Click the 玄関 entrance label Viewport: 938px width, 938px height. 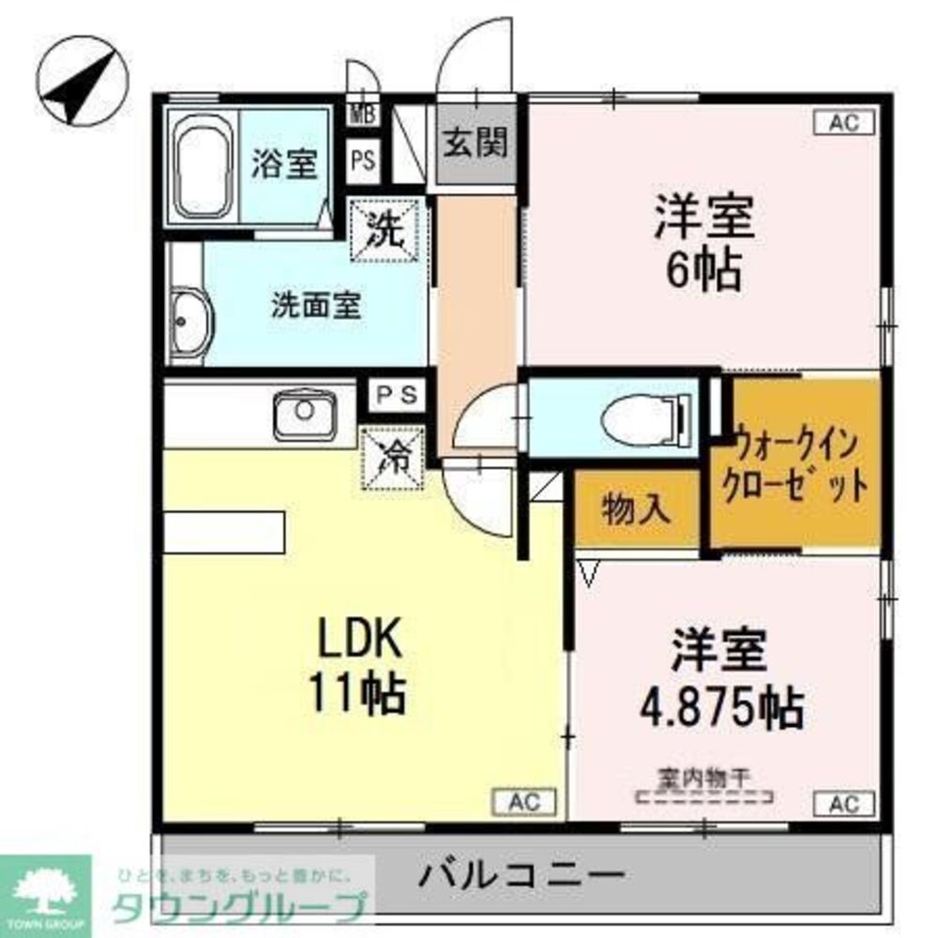click(x=475, y=144)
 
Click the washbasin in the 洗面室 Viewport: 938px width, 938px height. click(x=191, y=321)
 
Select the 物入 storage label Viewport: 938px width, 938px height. click(x=636, y=507)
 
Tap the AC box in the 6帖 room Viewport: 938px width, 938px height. click(x=843, y=122)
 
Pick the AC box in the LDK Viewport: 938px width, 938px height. click(x=524, y=801)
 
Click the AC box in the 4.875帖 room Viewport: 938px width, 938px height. click(x=843, y=802)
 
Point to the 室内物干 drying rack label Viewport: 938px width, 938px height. click(x=703, y=778)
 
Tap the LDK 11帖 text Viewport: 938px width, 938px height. click(x=361, y=671)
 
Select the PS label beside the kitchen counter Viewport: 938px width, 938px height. click(x=398, y=394)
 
